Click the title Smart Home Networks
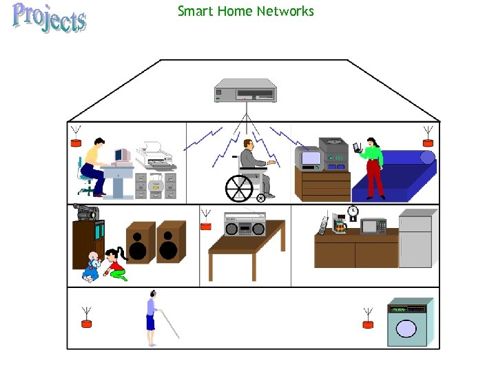245,11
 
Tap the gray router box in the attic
245,91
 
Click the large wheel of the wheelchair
240,188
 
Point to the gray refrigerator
415,239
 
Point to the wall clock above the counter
353,211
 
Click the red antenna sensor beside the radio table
205,225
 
